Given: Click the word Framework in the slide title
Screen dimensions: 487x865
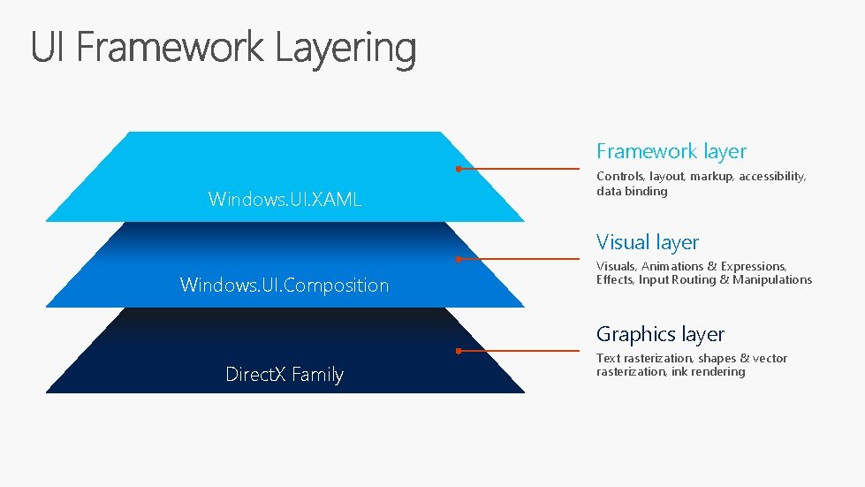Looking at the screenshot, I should click(x=169, y=48).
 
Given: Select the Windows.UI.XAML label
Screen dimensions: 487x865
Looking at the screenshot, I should click(x=285, y=199).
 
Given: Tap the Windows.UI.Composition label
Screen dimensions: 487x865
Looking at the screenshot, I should click(x=285, y=285).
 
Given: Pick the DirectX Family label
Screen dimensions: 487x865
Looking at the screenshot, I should click(x=285, y=375).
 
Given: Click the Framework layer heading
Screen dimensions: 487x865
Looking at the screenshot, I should click(x=672, y=151).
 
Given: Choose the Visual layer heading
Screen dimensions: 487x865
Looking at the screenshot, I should click(x=648, y=242).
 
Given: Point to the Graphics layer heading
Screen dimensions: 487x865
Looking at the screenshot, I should click(x=660, y=334).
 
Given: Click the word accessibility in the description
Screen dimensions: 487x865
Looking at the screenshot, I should click(x=772, y=177).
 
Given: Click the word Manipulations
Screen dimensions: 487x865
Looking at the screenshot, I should click(x=773, y=279).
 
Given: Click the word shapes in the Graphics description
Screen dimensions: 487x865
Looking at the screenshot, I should click(x=717, y=358).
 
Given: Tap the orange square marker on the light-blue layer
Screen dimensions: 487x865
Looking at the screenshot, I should click(x=459, y=168).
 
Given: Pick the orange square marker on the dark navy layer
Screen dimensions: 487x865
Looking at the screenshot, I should click(x=459, y=351).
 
